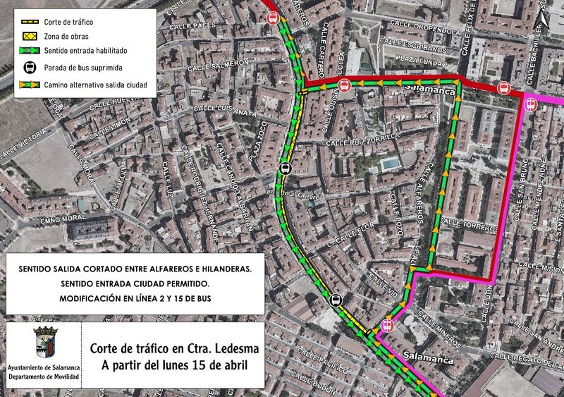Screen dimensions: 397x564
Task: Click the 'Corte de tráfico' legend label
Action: (68, 22)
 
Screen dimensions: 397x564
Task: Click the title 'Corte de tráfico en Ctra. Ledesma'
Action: (174, 348)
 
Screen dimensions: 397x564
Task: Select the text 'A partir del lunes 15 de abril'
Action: (175, 365)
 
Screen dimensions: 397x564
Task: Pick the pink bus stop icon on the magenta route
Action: (529, 104)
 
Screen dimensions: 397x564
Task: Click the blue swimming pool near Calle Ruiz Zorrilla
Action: (388, 163)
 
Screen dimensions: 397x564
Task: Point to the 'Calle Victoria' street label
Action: (25, 142)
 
